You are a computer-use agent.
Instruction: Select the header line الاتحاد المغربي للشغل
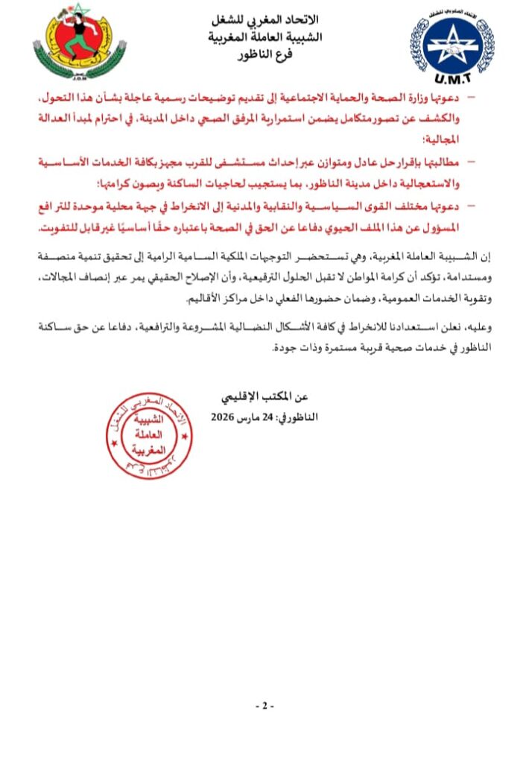tap(265, 21)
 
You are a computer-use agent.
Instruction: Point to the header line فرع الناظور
tap(265, 56)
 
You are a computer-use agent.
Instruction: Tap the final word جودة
tap(284, 347)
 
